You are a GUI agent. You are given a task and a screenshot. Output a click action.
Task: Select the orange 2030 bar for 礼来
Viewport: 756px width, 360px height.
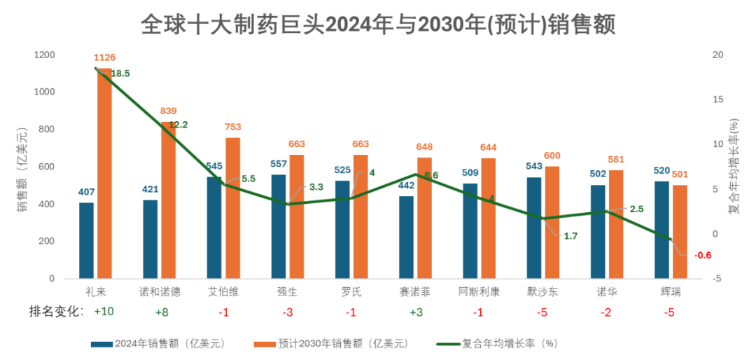(x=104, y=175)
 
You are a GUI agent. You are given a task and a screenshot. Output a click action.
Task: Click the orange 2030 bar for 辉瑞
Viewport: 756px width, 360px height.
(x=680, y=232)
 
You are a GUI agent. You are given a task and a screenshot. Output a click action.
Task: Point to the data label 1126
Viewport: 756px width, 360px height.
(x=104, y=57)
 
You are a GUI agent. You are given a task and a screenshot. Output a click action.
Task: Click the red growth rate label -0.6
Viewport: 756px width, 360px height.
(x=702, y=255)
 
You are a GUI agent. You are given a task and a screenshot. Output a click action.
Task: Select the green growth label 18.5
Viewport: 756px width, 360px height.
(x=120, y=73)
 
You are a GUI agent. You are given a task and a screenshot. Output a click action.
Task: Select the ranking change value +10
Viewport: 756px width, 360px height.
(x=104, y=312)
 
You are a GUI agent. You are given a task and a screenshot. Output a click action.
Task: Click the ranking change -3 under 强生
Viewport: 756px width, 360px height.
(x=287, y=312)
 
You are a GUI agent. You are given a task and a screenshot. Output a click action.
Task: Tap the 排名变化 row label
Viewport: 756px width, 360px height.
(x=55, y=312)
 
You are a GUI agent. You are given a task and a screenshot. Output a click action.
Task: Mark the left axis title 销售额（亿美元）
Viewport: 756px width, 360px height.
(x=22, y=168)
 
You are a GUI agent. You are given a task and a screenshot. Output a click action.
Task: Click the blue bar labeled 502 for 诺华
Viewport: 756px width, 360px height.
(x=597, y=232)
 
